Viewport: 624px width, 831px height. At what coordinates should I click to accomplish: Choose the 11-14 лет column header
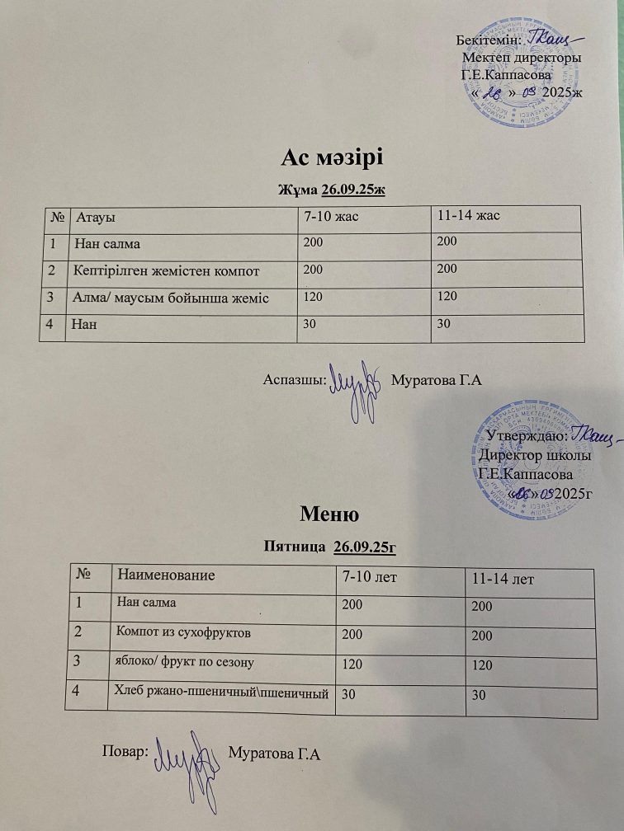pyautogui.click(x=499, y=580)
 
